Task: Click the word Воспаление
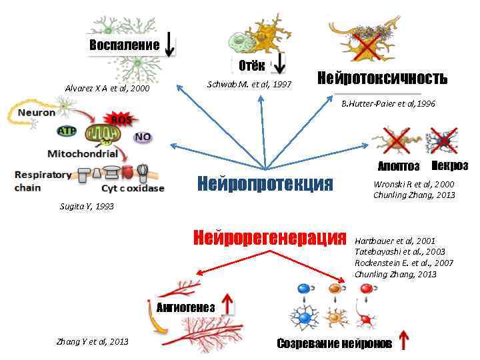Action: coord(124,45)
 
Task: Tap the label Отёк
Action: coord(252,65)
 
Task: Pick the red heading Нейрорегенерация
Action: coord(270,237)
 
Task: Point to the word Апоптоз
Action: coord(399,166)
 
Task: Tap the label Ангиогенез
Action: coord(185,307)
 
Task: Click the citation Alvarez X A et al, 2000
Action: coord(107,89)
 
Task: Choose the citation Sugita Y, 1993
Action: coord(87,206)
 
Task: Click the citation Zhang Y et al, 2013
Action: coord(93,342)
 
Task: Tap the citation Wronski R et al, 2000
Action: coord(413,183)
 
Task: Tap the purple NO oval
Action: coord(143,137)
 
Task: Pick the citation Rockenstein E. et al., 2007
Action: coord(404,263)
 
